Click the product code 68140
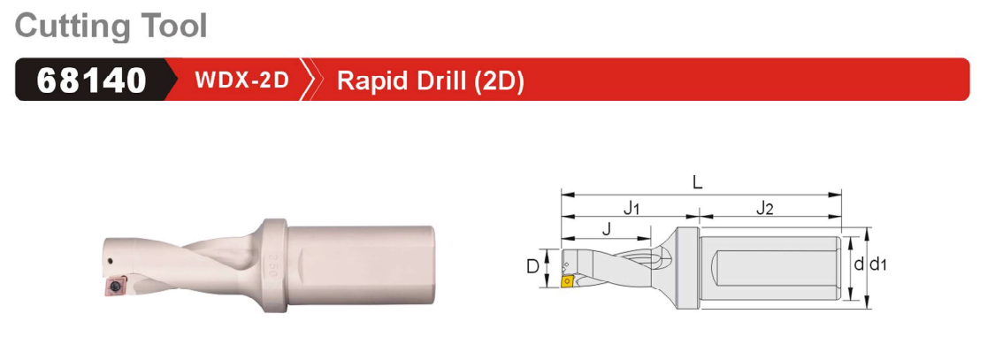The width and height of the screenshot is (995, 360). point(91,80)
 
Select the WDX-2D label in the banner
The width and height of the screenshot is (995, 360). point(241,80)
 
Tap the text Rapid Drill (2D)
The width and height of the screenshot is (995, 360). point(430,81)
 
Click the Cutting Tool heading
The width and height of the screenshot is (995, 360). point(111,26)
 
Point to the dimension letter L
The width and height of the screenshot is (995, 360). point(698,183)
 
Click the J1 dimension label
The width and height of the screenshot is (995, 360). point(631,208)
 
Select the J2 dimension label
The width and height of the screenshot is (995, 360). point(765,208)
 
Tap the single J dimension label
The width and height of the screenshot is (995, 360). point(606,229)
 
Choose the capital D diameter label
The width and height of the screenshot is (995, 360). point(533,266)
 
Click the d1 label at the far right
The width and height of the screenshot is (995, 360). point(877,264)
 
